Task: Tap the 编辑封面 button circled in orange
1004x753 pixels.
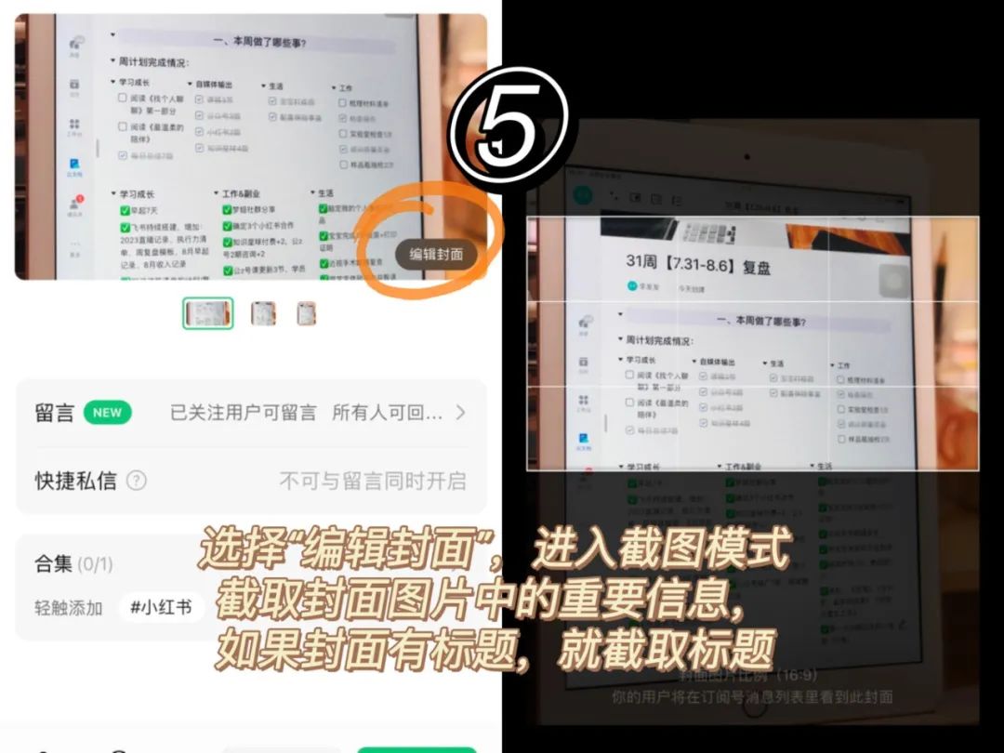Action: coord(437,254)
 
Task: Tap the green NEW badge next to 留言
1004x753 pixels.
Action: coord(107,413)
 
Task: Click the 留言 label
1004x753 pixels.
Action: coord(54,413)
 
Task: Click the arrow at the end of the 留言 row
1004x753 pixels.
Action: coord(460,413)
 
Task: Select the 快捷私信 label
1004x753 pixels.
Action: coord(76,481)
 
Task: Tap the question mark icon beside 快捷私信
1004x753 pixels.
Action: coord(137,481)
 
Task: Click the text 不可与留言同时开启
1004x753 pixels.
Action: coord(373,481)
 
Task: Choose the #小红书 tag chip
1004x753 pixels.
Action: coord(161,608)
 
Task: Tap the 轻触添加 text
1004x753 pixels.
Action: coord(69,608)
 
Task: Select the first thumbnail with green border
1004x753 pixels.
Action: coord(207,313)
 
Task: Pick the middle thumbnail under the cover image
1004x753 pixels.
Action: coord(263,313)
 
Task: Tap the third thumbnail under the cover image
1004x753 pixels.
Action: coord(307,313)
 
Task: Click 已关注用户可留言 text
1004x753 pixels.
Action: coord(244,413)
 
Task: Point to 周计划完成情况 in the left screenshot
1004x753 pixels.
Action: coord(153,62)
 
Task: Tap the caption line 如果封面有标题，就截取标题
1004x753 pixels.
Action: coord(495,652)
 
